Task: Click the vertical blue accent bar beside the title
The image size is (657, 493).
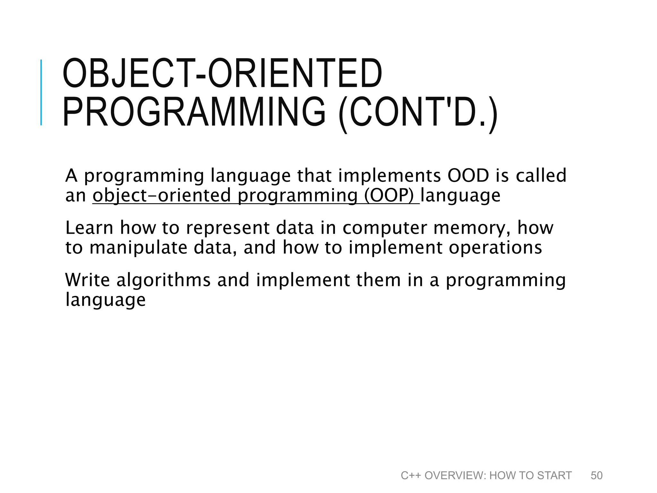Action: pyautogui.click(x=41, y=92)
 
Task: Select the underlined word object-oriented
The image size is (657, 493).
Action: pyautogui.click(x=162, y=195)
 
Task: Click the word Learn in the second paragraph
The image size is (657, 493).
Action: pyautogui.click(x=89, y=228)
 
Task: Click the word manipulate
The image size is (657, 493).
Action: pyautogui.click(x=138, y=248)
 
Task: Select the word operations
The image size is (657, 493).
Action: pyautogui.click(x=495, y=248)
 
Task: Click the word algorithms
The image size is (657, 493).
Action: pyautogui.click(x=163, y=280)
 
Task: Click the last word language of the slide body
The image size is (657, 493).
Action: pyautogui.click(x=105, y=300)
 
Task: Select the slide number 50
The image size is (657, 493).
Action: pyautogui.click(x=596, y=475)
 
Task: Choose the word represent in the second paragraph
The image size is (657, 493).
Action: pyautogui.click(x=228, y=228)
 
